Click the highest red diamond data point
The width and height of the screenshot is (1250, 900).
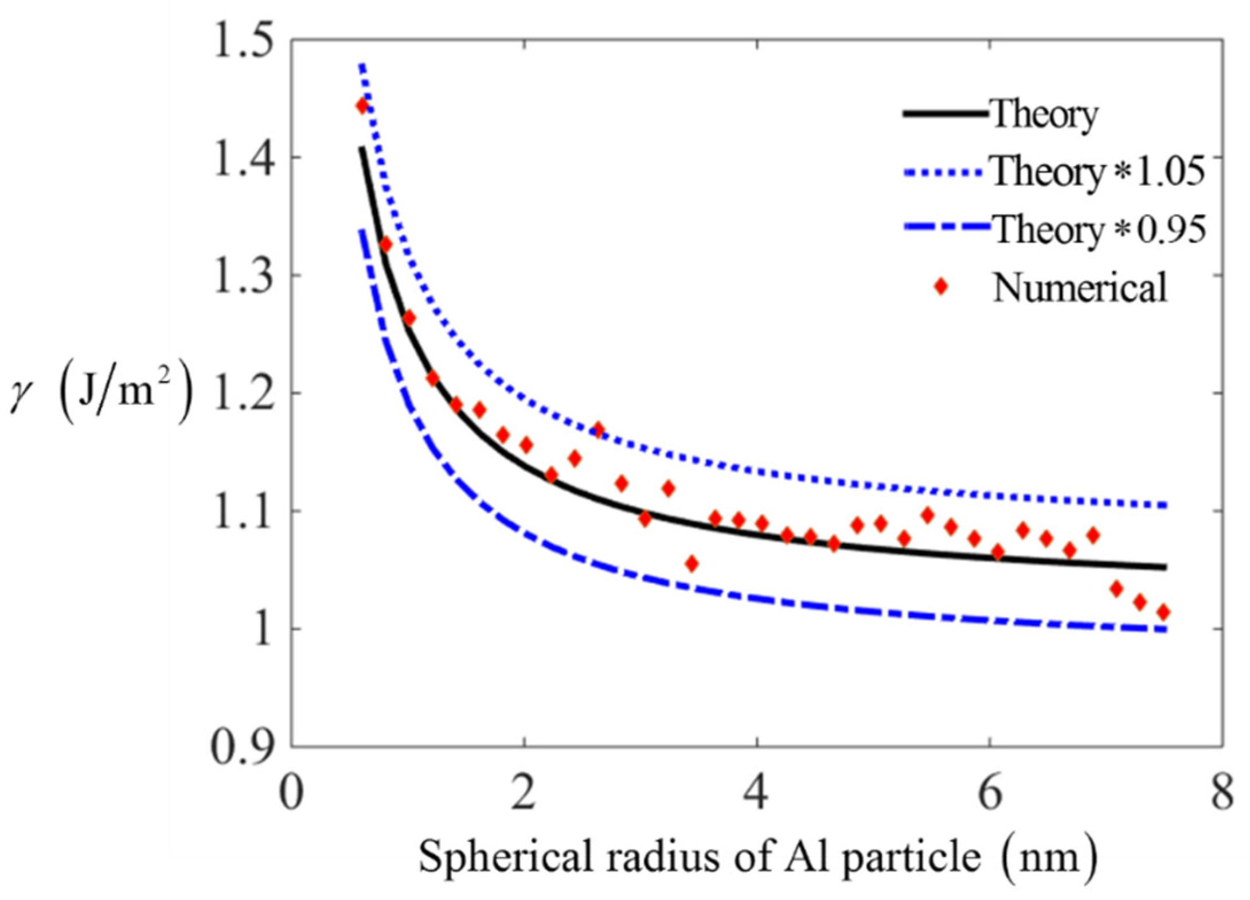362,106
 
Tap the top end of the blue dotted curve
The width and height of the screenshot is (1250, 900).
361,65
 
